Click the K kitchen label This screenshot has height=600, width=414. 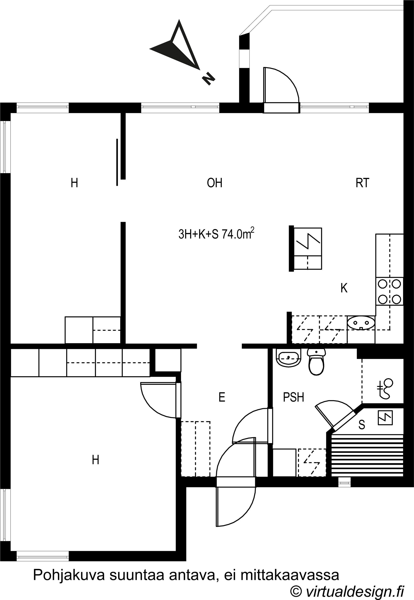click(x=344, y=288)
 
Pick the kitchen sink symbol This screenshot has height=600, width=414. click(x=361, y=323)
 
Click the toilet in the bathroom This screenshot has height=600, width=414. click(x=316, y=361)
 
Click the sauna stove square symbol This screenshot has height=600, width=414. click(x=385, y=418)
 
